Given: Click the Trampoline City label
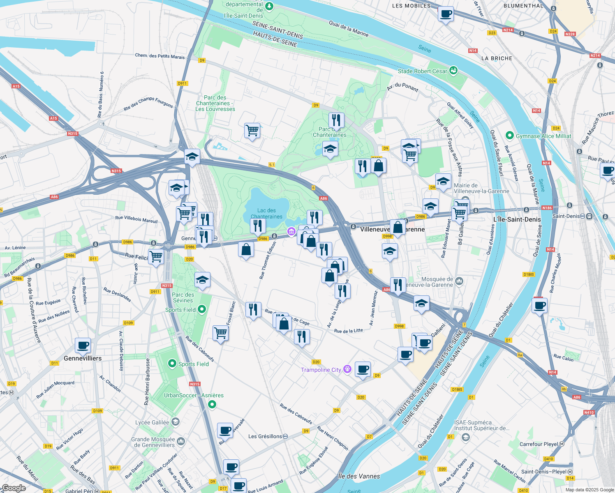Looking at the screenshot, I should pyautogui.click(x=321, y=370).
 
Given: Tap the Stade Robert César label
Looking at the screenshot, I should pyautogui.click(x=422, y=71).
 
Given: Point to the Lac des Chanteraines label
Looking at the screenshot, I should pyautogui.click(x=266, y=213).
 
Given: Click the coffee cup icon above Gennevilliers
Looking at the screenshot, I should pyautogui.click(x=83, y=346).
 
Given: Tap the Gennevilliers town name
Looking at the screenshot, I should pyautogui.click(x=83, y=358).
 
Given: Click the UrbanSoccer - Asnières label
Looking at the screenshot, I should pyautogui.click(x=194, y=395).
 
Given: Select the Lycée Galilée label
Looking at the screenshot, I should pyautogui.click(x=152, y=422).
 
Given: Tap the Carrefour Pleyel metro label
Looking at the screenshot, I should pyautogui.click(x=539, y=444).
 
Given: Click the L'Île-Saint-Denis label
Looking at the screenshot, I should pyautogui.click(x=517, y=219).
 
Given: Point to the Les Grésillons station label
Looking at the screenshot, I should pyautogui.click(x=265, y=436).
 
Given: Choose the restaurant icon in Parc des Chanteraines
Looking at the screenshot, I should pyautogui.click(x=336, y=120).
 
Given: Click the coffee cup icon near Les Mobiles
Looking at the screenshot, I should pyautogui.click(x=446, y=14).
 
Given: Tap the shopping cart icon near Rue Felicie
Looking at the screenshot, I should pyautogui.click(x=156, y=257).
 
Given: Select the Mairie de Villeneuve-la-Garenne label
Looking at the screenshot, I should pyautogui.click(x=481, y=188).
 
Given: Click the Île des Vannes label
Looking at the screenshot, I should pyautogui.click(x=359, y=476).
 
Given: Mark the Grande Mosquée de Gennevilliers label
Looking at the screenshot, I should pyautogui.click(x=153, y=442).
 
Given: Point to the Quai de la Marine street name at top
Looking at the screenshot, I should pyautogui.click(x=349, y=29).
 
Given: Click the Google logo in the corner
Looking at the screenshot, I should pyautogui.click(x=14, y=488).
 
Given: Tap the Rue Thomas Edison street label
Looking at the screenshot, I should pyautogui.click(x=268, y=260).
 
